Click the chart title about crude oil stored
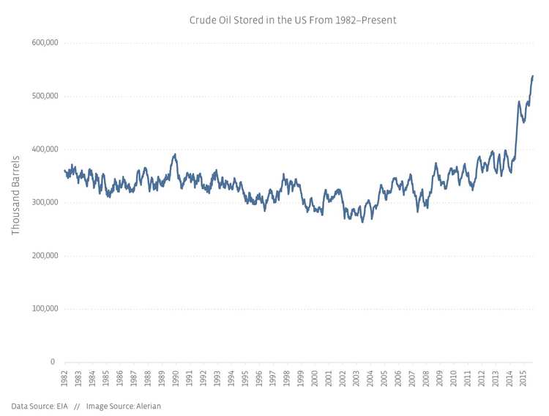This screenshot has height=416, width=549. (x=292, y=20)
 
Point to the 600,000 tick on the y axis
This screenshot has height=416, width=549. (x=45, y=42)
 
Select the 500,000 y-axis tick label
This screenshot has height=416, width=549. (x=45, y=96)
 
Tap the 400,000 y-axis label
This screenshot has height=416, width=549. (x=45, y=149)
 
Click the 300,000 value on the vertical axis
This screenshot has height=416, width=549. (x=45, y=202)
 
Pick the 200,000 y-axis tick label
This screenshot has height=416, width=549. (x=45, y=256)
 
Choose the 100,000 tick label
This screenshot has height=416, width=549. (x=45, y=308)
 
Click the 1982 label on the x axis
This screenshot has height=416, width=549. (x=64, y=379)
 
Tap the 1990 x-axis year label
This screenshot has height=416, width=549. (x=176, y=379)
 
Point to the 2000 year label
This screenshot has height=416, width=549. (x=315, y=379)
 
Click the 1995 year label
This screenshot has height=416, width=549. (x=245, y=379)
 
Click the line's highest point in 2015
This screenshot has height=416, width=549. (x=533, y=75)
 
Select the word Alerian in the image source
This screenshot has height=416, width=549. (x=148, y=406)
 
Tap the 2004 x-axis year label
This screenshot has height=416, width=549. (x=370, y=379)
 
